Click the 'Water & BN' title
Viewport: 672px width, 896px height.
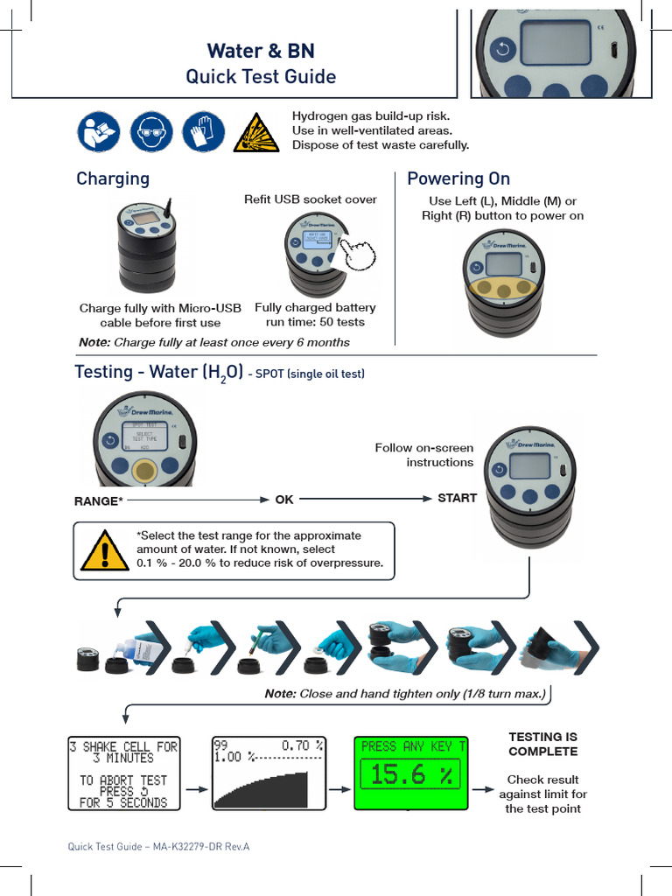[261, 50]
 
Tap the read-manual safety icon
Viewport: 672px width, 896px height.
[99, 133]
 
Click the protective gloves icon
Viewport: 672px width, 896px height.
[203, 133]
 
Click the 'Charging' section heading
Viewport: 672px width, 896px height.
[113, 179]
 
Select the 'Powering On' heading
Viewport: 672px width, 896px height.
[458, 179]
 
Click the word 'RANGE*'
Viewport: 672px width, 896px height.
[99, 501]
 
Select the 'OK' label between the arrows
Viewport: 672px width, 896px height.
[284, 500]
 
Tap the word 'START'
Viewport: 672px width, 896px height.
[457, 499]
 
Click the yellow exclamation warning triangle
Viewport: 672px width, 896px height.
[103, 551]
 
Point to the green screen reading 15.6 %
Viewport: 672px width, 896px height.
[410, 773]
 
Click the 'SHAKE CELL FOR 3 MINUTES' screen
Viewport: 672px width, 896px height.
[123, 773]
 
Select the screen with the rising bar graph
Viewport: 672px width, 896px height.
[268, 773]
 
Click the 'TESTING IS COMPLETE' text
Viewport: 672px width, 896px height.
[542, 745]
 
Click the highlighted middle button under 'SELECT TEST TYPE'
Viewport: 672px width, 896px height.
[144, 471]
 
